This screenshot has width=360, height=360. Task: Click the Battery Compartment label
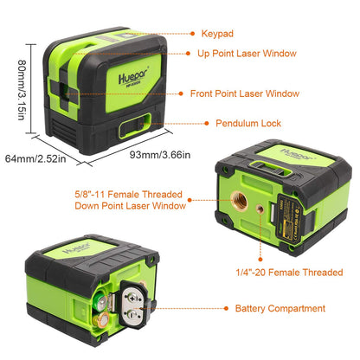pos(280,308)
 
